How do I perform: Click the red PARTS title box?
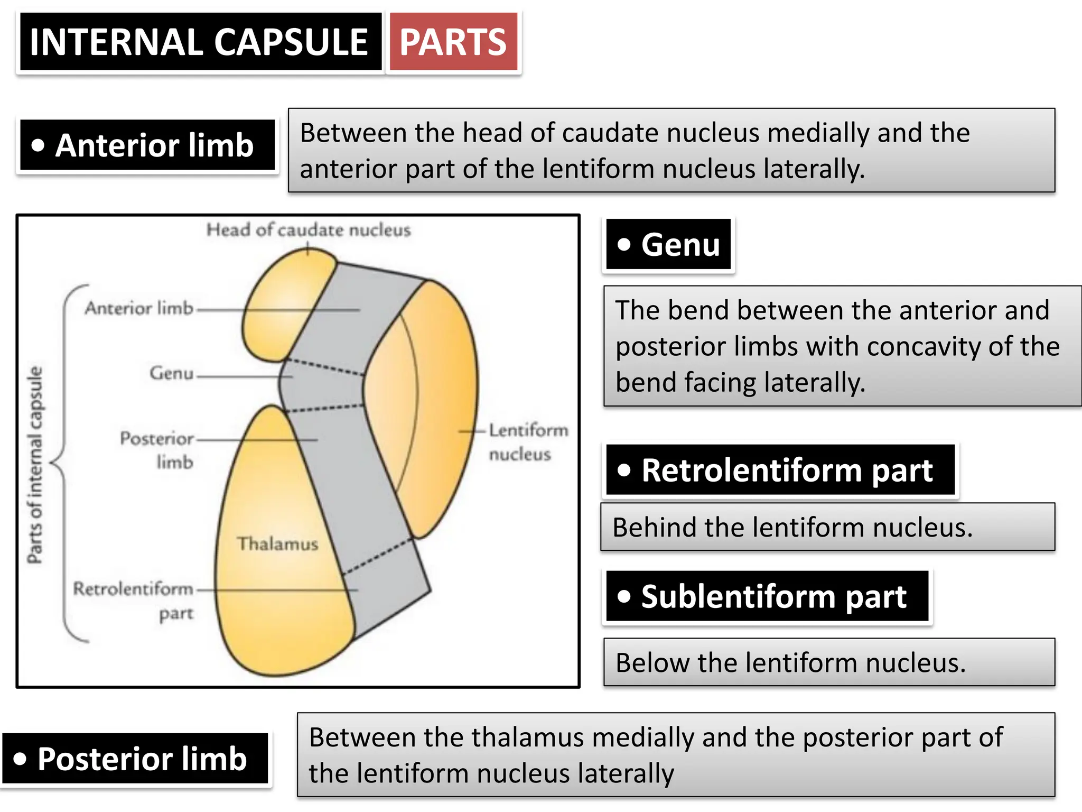point(453,42)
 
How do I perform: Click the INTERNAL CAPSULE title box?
point(200,42)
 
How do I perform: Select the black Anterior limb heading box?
point(147,145)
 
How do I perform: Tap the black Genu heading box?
point(669,245)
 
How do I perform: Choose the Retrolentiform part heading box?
point(780,470)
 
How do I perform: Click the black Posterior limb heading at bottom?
point(135,759)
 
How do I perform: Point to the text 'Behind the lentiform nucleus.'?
point(792,528)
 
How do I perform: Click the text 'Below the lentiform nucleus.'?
point(790,663)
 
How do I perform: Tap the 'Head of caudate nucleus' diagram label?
point(308,230)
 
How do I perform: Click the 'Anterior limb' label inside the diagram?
point(139,308)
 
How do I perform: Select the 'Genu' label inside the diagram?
point(172,373)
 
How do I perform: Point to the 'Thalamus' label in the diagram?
point(277,544)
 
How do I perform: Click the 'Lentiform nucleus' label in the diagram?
point(528,442)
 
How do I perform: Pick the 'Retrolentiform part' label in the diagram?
point(134,601)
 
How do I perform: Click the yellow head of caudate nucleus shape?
point(280,307)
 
